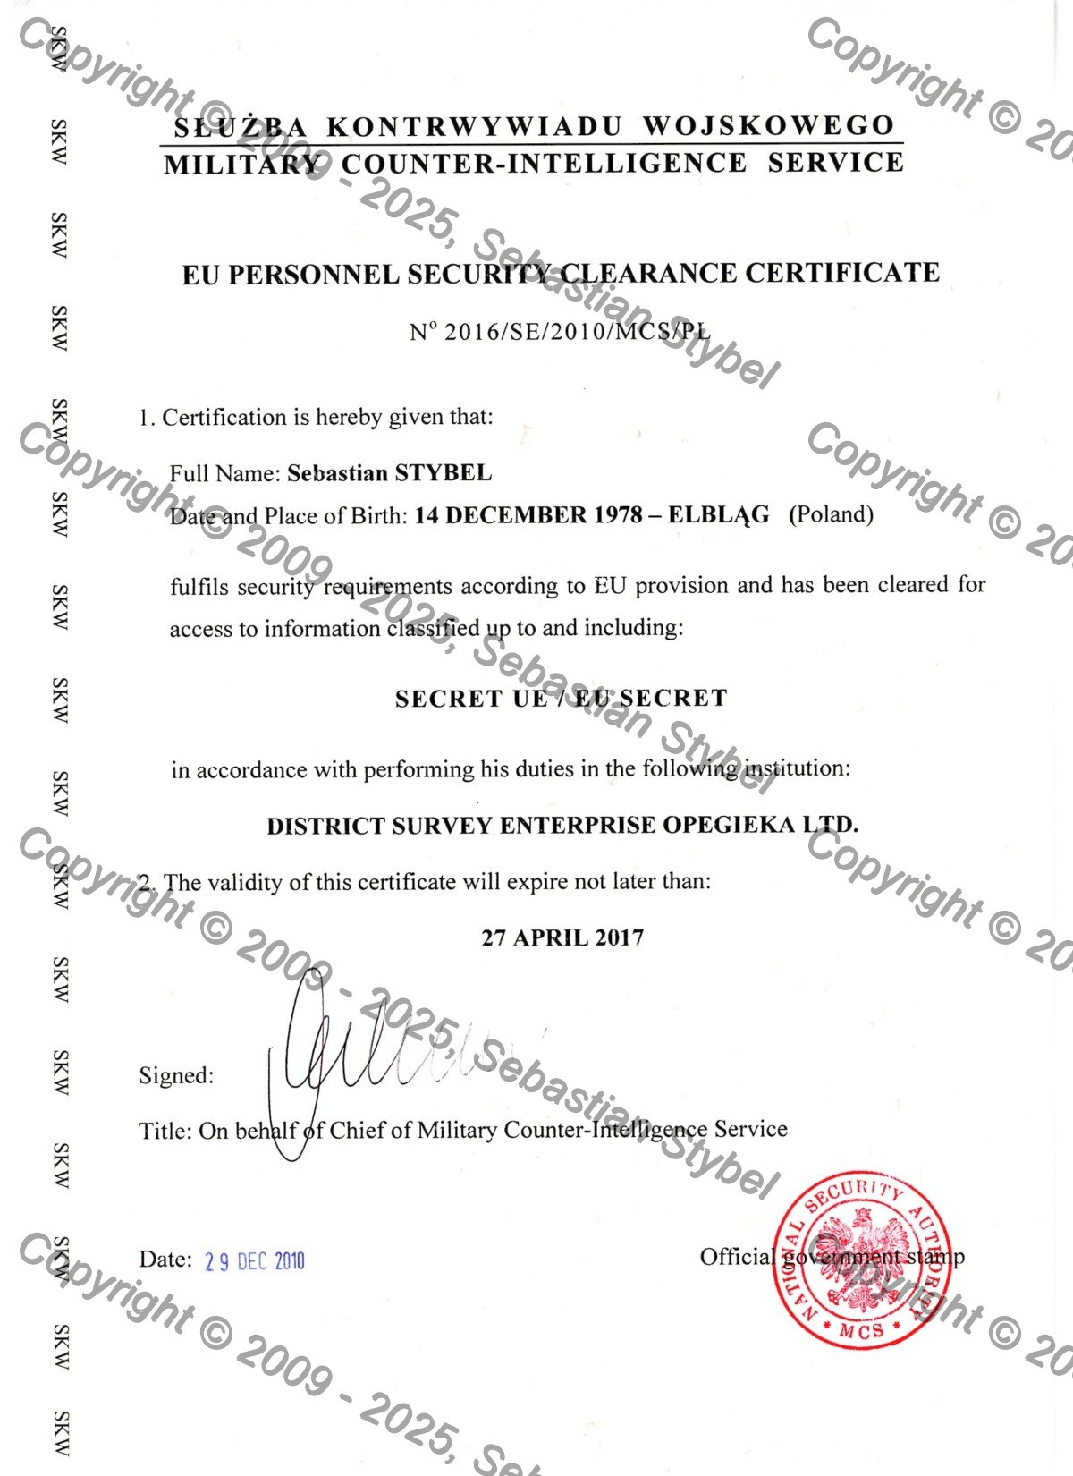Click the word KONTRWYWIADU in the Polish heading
tap(474, 127)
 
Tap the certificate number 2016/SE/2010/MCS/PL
tap(577, 332)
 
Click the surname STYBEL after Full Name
tap(444, 473)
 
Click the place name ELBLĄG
tap(718, 515)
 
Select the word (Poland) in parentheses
tap(832, 514)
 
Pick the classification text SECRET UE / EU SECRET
tap(562, 699)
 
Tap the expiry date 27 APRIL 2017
tap(562, 937)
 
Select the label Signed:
tap(176, 1075)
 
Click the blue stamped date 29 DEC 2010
tap(255, 1261)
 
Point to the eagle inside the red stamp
tap(860, 1257)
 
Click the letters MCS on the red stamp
tap(860, 1331)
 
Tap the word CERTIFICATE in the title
tap(842, 272)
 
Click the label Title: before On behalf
tap(165, 1131)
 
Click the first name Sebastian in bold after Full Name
tap(337, 473)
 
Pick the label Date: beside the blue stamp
tap(165, 1260)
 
